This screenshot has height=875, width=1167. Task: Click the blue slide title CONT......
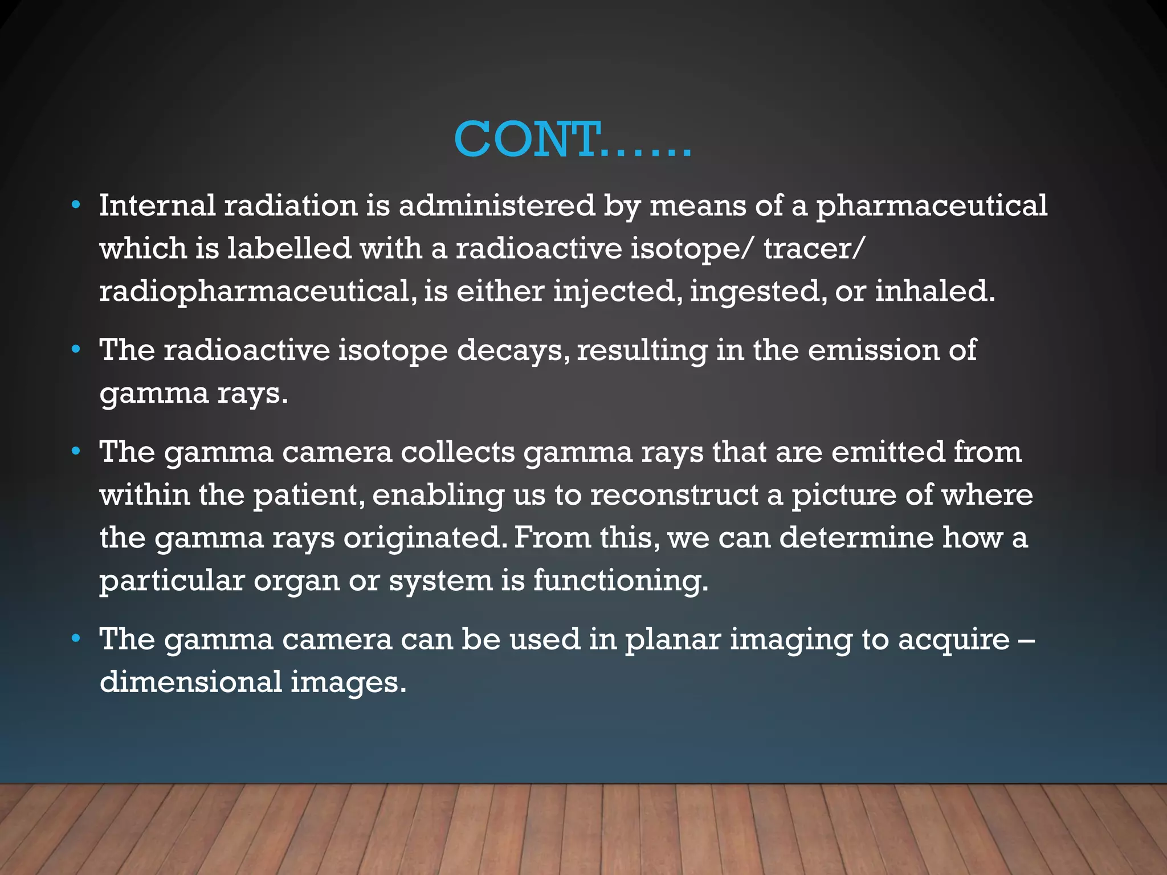pyautogui.click(x=572, y=140)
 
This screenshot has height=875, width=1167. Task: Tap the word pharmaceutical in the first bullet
pyautogui.click(x=932, y=206)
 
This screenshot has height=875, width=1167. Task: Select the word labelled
pyautogui.click(x=289, y=248)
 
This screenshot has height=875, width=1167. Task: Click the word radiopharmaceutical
pyautogui.click(x=254, y=292)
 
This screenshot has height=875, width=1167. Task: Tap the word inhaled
pyautogui.click(x=935, y=291)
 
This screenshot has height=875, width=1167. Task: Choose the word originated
pyautogui.click(x=424, y=538)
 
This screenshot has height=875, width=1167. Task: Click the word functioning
pyautogui.click(x=621, y=581)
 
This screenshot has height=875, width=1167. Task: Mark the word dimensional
pyautogui.click(x=191, y=682)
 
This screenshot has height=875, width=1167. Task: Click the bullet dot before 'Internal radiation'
pyautogui.click(x=76, y=205)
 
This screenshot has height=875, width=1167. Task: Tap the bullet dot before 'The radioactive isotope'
pyautogui.click(x=76, y=350)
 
